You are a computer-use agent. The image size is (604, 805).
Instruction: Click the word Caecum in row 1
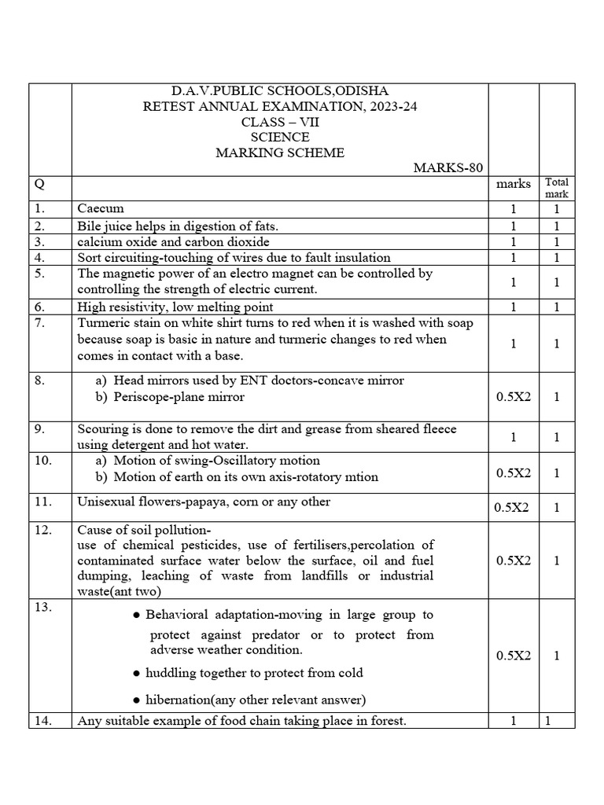[x=101, y=209]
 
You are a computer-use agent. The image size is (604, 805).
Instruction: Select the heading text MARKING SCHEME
[x=280, y=153]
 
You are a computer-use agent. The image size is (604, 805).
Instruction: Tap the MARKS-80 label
[x=448, y=167]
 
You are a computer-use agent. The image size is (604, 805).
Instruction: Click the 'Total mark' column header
[x=556, y=188]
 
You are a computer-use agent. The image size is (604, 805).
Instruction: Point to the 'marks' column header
[x=514, y=184]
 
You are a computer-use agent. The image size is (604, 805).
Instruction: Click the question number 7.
[x=39, y=322]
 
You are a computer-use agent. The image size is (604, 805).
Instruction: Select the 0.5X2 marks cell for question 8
[x=514, y=397]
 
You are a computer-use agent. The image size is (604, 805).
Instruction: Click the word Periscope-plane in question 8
[x=157, y=397]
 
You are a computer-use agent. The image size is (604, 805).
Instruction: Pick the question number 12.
[x=42, y=530]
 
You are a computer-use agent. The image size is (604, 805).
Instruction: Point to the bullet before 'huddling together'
[x=138, y=674]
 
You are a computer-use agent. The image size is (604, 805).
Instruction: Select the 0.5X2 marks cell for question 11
[x=512, y=508]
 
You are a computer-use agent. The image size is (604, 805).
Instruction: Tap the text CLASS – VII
[x=280, y=122]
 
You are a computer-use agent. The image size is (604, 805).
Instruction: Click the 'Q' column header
[x=38, y=184]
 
